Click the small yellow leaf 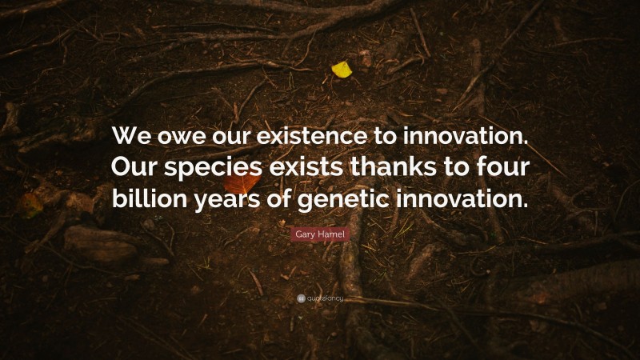point(342,70)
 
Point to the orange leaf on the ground point(242,183)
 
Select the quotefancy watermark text point(325,298)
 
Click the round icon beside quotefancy point(301,298)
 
